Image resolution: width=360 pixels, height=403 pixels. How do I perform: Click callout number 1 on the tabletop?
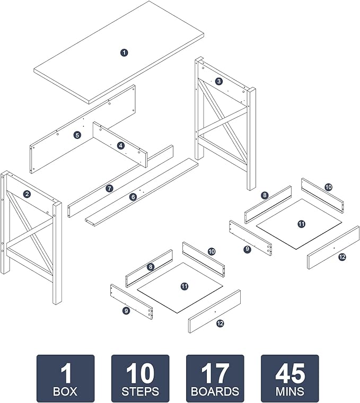(x=124, y=52)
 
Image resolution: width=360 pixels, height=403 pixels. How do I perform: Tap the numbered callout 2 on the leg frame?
(x=27, y=194)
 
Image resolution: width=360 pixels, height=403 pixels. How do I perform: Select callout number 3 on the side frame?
(x=218, y=82)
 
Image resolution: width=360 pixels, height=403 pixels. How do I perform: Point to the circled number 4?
(x=121, y=146)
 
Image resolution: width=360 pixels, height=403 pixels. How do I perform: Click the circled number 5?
(x=77, y=135)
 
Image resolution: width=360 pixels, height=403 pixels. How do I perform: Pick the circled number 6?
(x=133, y=197)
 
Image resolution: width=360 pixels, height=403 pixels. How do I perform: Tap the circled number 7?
(x=109, y=189)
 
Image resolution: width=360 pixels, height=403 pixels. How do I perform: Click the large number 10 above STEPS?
(x=141, y=373)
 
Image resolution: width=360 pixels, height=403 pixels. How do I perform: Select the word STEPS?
(x=141, y=391)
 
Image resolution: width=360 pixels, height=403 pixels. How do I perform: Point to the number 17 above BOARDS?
(x=215, y=373)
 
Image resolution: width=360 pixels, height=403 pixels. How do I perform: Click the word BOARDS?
(x=215, y=391)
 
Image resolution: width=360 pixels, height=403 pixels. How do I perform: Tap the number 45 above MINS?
(x=290, y=373)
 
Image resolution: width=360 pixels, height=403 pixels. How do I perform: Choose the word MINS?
(x=290, y=391)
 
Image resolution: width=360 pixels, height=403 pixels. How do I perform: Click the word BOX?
(x=65, y=391)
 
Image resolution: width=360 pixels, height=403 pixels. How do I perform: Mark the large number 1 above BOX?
(x=66, y=373)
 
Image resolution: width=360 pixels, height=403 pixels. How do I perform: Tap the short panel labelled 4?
(x=120, y=145)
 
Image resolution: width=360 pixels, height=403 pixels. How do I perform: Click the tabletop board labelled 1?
(x=119, y=52)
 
